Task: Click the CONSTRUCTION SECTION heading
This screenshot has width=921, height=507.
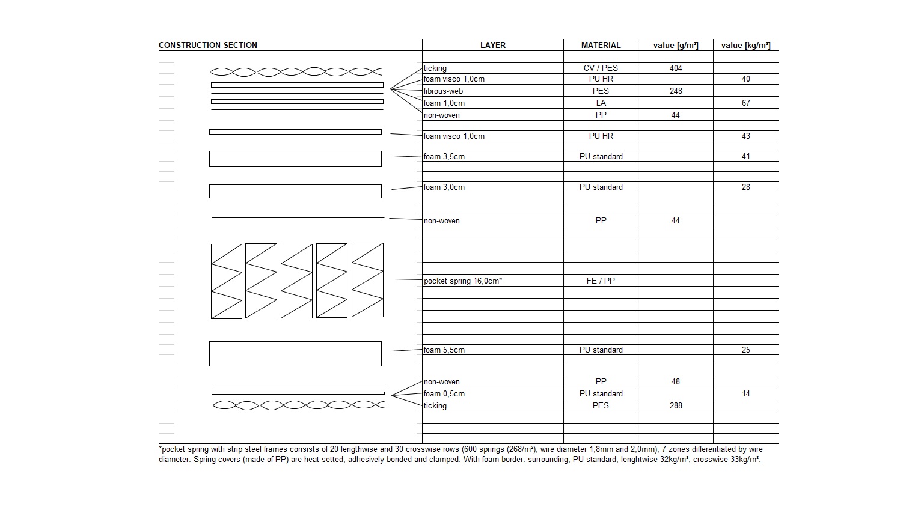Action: [207, 45]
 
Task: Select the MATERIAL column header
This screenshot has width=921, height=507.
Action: [601, 45]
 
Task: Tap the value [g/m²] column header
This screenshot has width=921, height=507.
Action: [676, 45]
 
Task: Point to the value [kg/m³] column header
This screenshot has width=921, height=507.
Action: [745, 45]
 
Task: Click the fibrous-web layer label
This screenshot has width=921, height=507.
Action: [443, 91]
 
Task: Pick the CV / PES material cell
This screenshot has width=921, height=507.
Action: [601, 68]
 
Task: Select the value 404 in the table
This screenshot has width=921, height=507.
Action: [676, 68]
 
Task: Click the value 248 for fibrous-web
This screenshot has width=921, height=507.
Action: [676, 91]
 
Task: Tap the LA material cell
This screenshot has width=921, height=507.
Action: [601, 103]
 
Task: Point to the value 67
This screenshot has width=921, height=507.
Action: [745, 103]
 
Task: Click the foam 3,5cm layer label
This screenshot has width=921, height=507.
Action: [444, 156]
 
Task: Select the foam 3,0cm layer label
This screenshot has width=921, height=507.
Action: [444, 187]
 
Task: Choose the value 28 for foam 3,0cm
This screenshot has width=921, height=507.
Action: [745, 187]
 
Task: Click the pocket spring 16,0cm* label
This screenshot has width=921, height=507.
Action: [462, 281]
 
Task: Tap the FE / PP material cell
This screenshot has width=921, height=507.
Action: [601, 281]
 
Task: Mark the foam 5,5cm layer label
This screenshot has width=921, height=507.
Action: [444, 350]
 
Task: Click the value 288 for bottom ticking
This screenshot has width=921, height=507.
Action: [676, 405]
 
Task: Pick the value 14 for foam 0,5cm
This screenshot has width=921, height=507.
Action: [745, 393]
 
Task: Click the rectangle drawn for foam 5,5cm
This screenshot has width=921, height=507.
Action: [295, 353]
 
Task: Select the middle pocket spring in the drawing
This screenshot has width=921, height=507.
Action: [296, 281]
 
